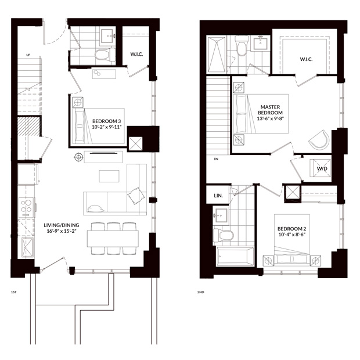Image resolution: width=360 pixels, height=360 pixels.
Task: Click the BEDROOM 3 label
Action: pos(106,121)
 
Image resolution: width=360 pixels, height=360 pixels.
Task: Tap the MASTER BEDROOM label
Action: pos(270,110)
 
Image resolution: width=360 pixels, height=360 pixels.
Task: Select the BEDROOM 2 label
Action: pos(291,229)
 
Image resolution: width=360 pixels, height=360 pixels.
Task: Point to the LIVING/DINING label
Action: pos(62,225)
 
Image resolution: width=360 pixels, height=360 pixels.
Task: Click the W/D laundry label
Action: pos(322,169)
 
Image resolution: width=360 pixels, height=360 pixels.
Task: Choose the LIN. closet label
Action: pos(218,196)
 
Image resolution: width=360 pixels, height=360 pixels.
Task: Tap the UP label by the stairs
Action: pos(28,55)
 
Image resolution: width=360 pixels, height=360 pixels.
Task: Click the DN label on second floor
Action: pos(216,159)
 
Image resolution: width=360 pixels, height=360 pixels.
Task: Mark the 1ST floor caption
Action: pos(14,292)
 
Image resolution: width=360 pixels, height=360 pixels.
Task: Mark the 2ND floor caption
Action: pos(200,292)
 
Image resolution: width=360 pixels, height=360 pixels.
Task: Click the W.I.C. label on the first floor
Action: pos(136,54)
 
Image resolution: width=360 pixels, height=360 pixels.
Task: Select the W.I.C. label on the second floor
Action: pos(306,59)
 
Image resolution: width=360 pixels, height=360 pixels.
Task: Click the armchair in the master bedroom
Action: pos(319,140)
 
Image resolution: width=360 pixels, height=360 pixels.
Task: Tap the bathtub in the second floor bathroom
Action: pos(235,257)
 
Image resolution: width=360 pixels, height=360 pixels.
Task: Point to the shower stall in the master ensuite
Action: pos(216,55)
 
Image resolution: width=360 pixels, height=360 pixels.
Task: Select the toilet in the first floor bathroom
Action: pos(105,55)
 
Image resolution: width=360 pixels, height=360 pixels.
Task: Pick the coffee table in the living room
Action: pos(109,176)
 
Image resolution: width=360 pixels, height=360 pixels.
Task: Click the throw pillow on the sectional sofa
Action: pos(136,196)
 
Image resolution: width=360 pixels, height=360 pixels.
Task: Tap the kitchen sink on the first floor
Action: pos(27,247)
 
